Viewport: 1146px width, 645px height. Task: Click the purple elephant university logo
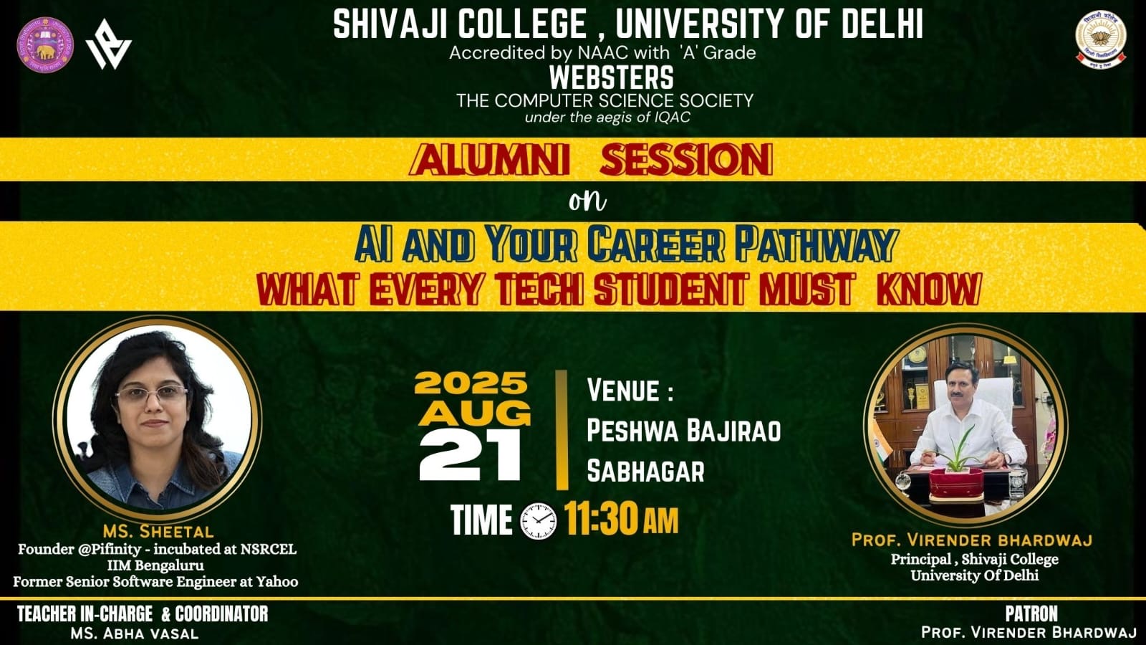[45, 45]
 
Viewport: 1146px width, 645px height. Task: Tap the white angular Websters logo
[108, 44]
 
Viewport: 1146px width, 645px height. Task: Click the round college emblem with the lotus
[1100, 39]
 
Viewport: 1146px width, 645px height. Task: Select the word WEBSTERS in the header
[612, 78]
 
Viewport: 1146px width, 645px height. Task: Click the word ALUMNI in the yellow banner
[490, 160]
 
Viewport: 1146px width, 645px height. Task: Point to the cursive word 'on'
[587, 201]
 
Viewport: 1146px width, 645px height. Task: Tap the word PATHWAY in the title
[816, 244]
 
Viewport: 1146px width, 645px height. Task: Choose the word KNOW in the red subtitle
[929, 290]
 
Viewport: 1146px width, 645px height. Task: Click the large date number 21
[470, 454]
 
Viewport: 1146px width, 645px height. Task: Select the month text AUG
[474, 413]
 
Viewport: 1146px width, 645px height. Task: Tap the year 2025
[471, 383]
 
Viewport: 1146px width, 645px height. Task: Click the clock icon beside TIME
[539, 521]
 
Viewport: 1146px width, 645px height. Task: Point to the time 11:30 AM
[622, 519]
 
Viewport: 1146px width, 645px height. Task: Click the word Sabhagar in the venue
[645, 471]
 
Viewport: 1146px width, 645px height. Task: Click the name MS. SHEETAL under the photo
[158, 531]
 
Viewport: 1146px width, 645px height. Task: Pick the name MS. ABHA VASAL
[135, 634]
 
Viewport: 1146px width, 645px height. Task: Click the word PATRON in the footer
[1031, 613]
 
